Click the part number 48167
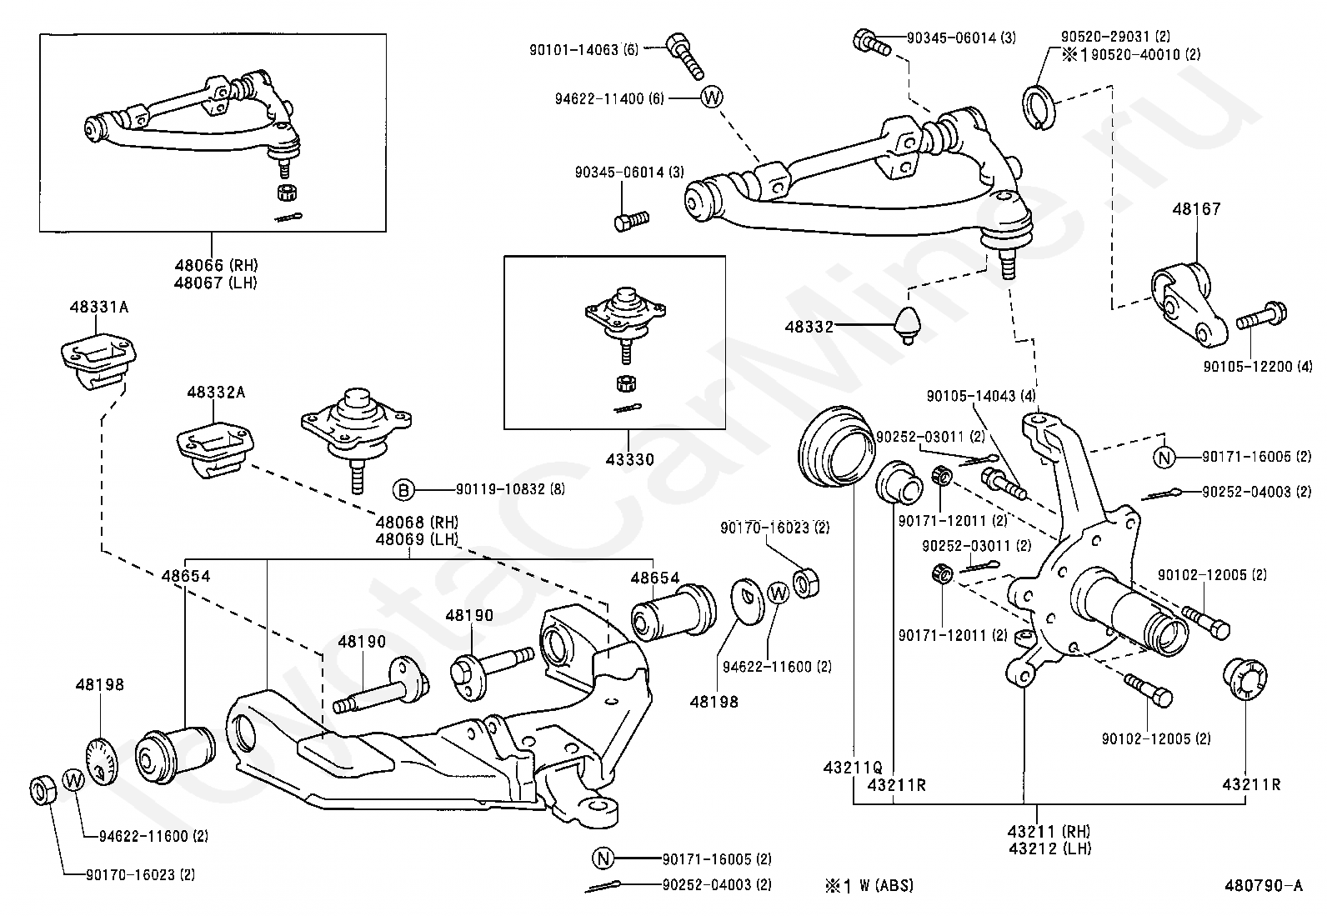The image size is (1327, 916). (1196, 209)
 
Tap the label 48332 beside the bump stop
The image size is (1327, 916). (809, 328)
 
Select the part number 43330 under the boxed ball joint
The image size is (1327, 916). (629, 459)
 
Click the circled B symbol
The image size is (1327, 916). (403, 490)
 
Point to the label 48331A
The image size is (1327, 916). (98, 307)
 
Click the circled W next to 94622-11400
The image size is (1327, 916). (711, 98)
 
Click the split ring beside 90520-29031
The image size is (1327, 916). (1038, 108)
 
